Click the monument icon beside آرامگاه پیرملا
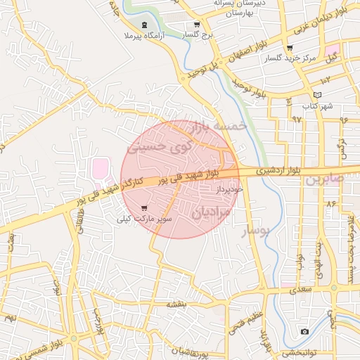144,25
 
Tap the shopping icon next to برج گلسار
197,25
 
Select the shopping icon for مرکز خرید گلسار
290,48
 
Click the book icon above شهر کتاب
317,95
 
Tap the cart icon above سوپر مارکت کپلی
144,208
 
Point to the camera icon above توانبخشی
304,331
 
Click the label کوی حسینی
159,148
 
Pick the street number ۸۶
332,204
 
